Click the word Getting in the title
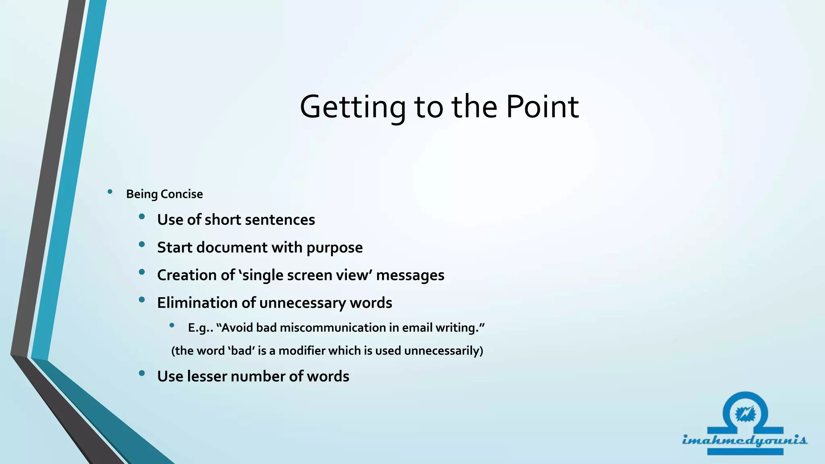(352, 107)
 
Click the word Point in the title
(542, 107)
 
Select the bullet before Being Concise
(110, 192)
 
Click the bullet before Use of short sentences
(141, 217)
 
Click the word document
(232, 248)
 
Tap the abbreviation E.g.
(199, 328)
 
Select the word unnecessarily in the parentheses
(443, 351)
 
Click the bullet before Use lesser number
(141, 373)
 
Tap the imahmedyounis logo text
(744, 440)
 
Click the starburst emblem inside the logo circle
(745, 414)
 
